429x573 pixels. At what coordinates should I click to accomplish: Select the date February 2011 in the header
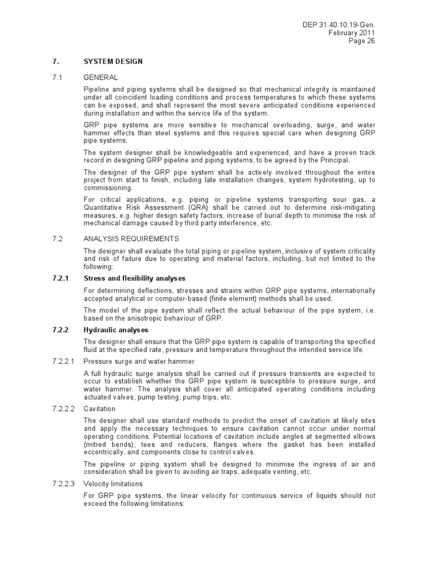point(352,33)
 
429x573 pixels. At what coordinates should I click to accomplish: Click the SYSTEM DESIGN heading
point(113,62)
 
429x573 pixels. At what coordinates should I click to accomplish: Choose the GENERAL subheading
point(101,77)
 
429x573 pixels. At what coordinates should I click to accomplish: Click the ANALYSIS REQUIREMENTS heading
point(131,238)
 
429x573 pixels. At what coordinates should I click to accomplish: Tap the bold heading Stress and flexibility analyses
point(134,278)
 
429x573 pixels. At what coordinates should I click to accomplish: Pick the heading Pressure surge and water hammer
point(139,361)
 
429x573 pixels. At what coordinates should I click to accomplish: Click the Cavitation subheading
point(99,409)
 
